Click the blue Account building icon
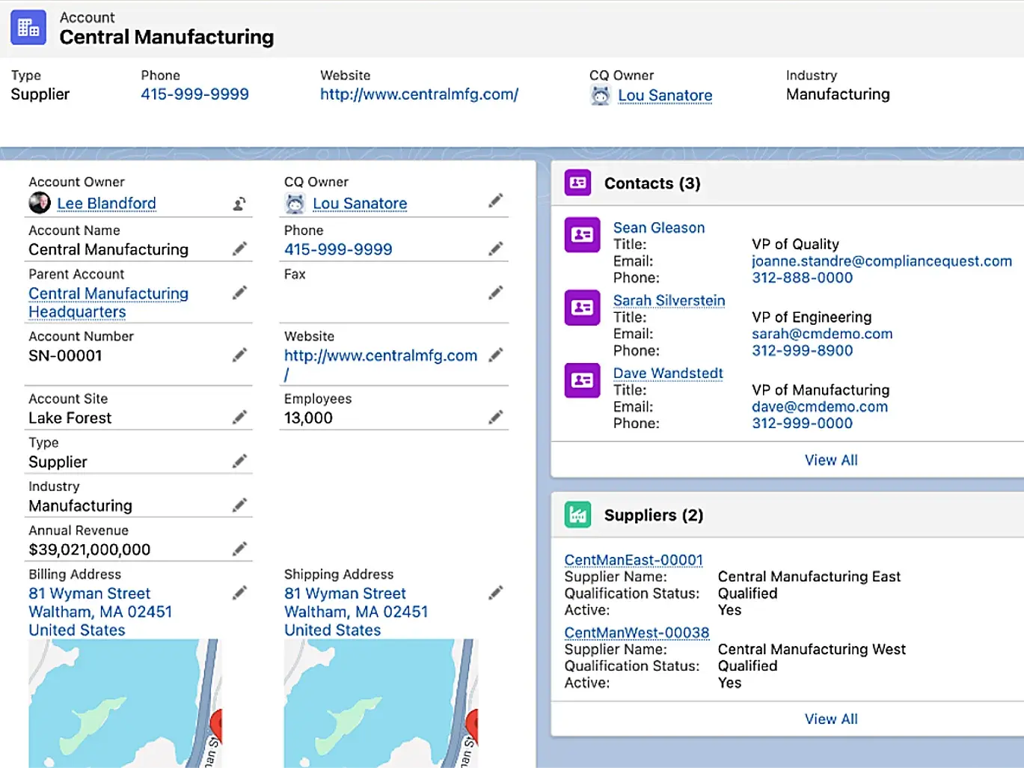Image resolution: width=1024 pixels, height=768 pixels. [28, 28]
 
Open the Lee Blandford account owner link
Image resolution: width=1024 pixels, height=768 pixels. [106, 204]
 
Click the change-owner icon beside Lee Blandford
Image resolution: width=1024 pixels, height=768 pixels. [239, 204]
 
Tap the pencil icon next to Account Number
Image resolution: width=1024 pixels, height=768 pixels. [239, 356]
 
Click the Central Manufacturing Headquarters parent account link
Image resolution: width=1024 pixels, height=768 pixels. [108, 302]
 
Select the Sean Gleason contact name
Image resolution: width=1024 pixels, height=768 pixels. [659, 228]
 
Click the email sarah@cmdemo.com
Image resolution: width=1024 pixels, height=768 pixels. [822, 334]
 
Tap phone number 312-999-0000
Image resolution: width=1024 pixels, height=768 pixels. [802, 423]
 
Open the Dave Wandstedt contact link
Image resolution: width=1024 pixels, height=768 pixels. [668, 373]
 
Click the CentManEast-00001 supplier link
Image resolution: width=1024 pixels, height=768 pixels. [634, 560]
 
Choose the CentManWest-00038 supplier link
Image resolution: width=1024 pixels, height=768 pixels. [637, 633]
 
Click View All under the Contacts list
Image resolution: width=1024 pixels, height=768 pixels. [831, 460]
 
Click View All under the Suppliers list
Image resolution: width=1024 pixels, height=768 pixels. [831, 719]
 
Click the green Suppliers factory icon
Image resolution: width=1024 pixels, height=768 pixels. [577, 514]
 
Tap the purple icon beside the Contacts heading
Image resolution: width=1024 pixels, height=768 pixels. [577, 183]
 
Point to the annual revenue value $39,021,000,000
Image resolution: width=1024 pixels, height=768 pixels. [90, 549]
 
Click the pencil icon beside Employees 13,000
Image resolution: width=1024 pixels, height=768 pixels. [495, 417]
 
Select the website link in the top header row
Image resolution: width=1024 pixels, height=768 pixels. [419, 94]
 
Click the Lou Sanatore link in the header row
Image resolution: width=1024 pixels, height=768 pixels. [665, 95]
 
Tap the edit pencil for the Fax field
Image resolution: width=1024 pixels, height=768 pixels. [495, 293]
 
